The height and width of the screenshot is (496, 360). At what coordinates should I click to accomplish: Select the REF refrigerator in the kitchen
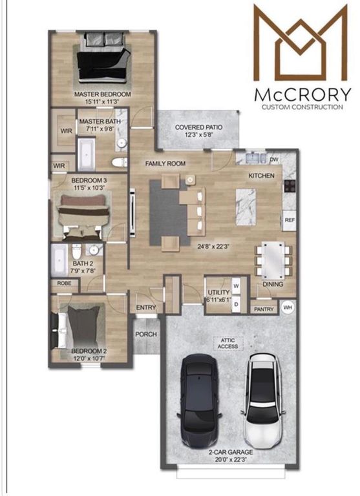click(290, 220)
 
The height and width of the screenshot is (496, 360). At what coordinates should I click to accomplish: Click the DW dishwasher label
click(273, 159)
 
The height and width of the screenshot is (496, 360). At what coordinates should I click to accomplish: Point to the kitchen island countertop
click(246, 206)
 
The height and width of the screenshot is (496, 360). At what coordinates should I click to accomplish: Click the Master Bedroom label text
click(103, 94)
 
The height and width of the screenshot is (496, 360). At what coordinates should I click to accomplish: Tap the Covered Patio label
click(198, 128)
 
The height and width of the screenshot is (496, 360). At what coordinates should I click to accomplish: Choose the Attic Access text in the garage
click(228, 343)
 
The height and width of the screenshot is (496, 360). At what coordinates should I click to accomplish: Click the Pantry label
click(264, 309)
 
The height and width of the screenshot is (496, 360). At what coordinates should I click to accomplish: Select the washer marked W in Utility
click(235, 285)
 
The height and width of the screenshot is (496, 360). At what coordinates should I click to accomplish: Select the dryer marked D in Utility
click(235, 302)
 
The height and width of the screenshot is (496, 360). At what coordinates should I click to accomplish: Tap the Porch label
click(145, 335)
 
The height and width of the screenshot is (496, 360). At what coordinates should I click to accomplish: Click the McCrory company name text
click(303, 94)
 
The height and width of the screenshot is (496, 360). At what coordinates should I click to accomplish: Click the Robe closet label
click(63, 283)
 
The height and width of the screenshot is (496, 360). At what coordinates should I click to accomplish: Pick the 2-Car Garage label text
click(230, 452)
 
